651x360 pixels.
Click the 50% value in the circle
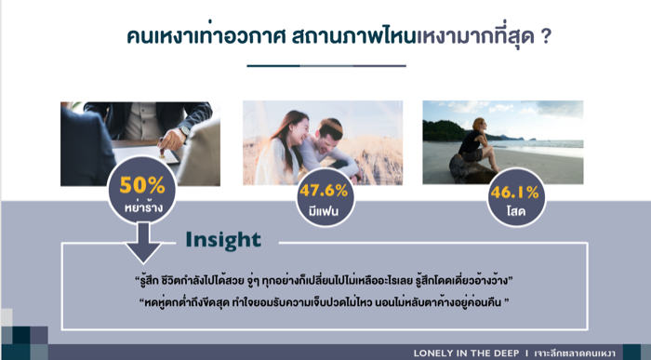point(142,185)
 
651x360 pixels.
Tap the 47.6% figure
point(324,191)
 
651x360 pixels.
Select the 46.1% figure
point(514,193)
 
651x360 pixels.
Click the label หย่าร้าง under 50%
point(143,207)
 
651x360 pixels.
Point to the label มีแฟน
point(324,211)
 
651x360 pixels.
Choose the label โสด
point(515,212)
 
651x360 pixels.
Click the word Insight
point(223,240)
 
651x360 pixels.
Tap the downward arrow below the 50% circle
point(143,243)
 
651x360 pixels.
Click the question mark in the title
point(547,36)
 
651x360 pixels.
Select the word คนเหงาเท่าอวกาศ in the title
point(206,35)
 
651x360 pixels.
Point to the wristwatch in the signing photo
point(184,131)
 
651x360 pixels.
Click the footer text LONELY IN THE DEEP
point(466,353)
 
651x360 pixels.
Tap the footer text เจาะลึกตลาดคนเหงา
point(575,353)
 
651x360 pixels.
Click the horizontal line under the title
point(326,66)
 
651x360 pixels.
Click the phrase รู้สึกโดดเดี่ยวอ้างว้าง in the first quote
point(461,281)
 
